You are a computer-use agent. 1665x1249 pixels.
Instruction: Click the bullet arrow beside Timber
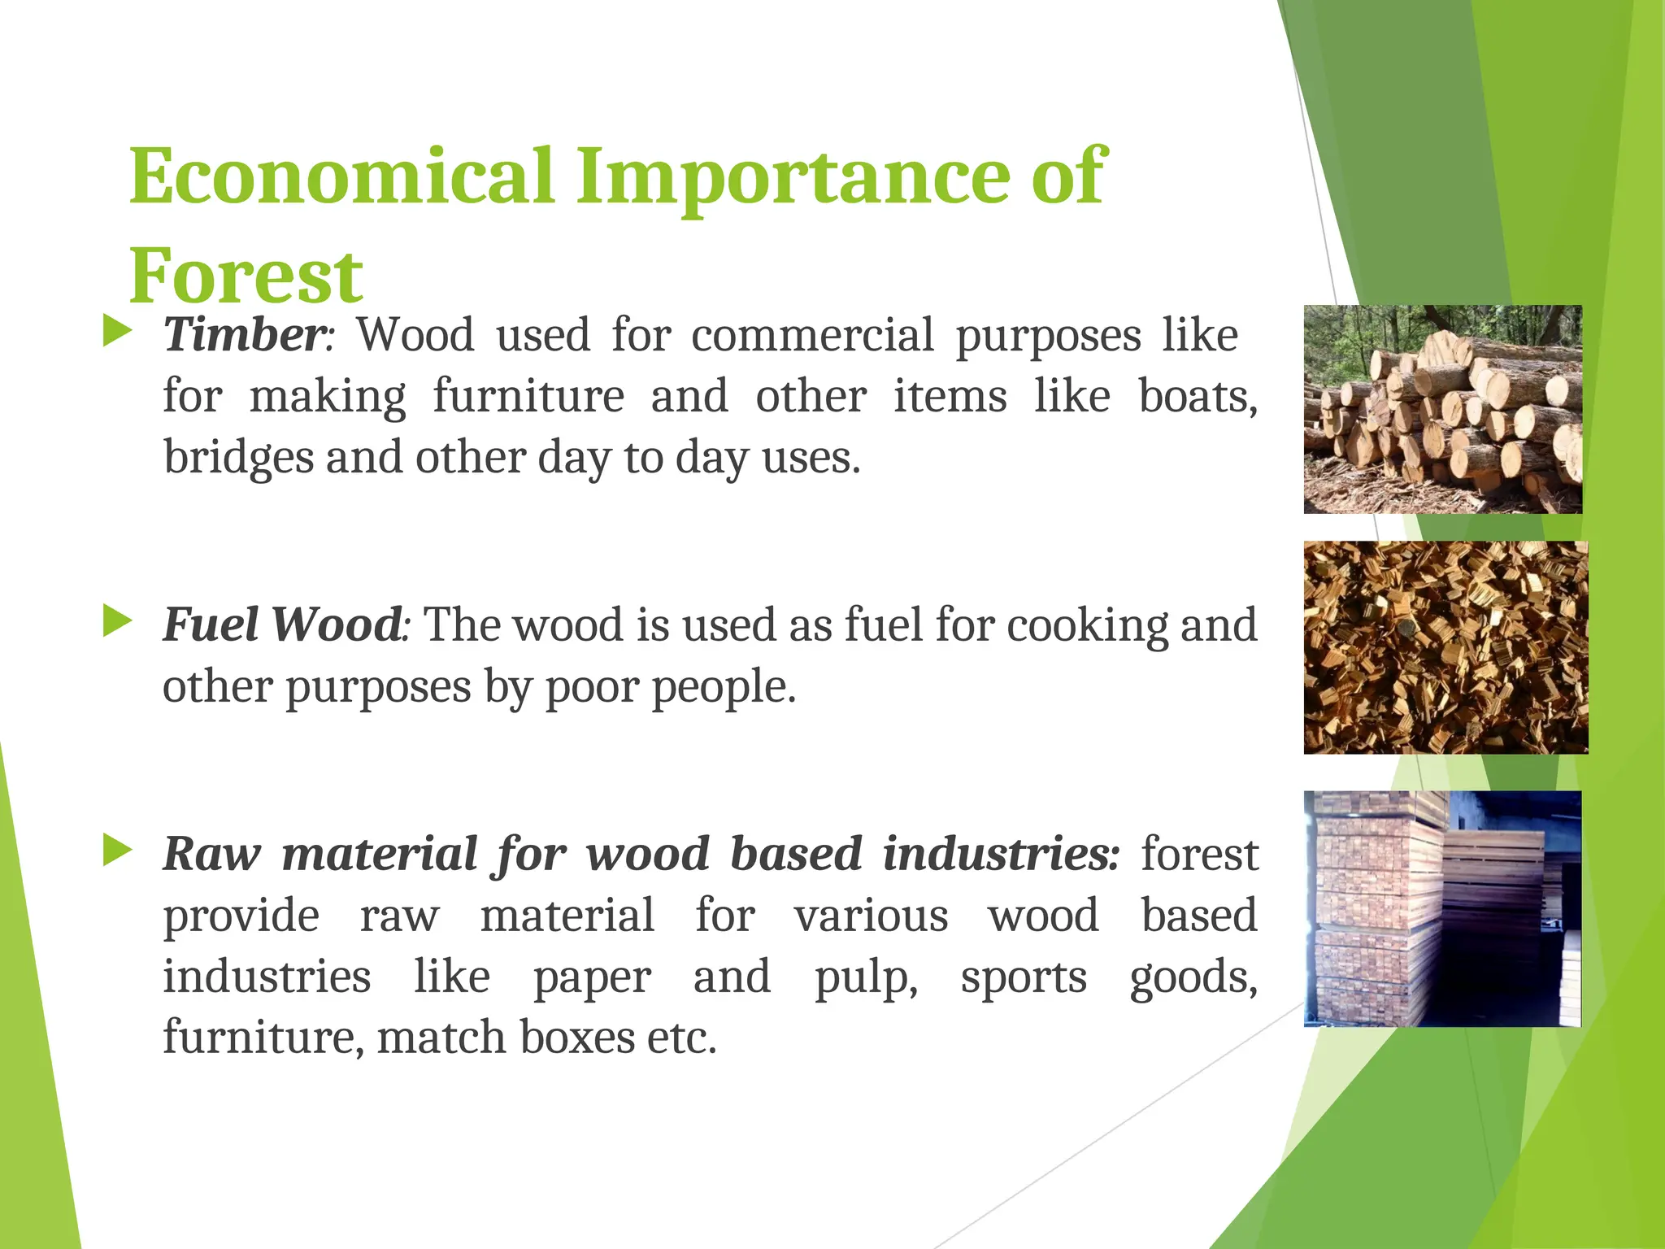click(x=117, y=332)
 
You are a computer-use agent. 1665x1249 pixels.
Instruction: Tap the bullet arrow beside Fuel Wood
click(x=117, y=622)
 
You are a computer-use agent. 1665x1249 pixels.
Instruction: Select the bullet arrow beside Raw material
click(x=117, y=851)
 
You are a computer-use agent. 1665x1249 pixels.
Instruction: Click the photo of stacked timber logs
click(x=1442, y=409)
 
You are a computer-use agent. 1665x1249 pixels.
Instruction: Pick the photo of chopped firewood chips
click(x=1445, y=647)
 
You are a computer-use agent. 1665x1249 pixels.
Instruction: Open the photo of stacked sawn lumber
click(x=1442, y=908)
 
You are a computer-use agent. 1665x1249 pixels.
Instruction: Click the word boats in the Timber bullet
click(x=1196, y=397)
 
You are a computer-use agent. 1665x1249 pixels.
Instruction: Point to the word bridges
click(x=238, y=458)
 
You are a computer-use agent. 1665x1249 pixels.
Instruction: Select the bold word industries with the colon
click(x=1001, y=854)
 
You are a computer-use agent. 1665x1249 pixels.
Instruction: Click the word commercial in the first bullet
click(x=812, y=335)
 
